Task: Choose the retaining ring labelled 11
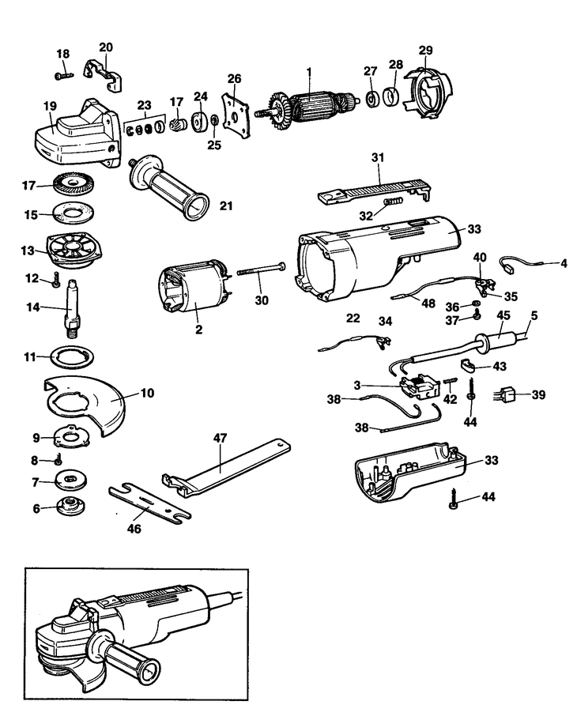(72, 356)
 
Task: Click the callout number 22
(353, 318)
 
